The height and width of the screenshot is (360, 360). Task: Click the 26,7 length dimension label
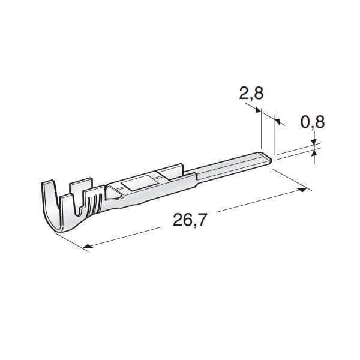tap(190, 220)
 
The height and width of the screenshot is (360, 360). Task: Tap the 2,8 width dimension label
tap(251, 94)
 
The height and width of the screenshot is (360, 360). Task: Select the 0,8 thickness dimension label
tap(313, 122)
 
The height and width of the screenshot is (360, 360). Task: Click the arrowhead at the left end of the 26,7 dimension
tap(88, 247)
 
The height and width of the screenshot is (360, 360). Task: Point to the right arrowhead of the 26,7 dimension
tap(302, 190)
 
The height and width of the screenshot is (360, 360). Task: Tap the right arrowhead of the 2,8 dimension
tap(277, 121)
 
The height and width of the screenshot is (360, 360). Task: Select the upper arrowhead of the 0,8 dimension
tap(314, 142)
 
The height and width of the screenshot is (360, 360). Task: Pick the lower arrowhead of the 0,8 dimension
tap(314, 152)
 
